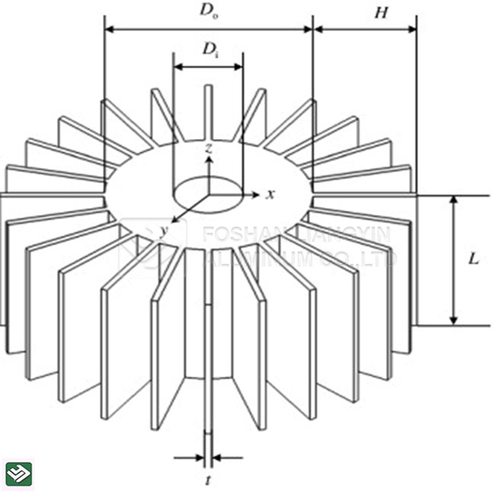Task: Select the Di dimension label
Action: click(210, 50)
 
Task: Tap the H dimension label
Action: click(381, 13)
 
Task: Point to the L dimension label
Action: click(473, 259)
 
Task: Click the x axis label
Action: click(269, 194)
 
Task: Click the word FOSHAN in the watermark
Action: click(239, 234)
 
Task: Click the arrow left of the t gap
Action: click(199, 458)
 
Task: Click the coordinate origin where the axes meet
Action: click(209, 195)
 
